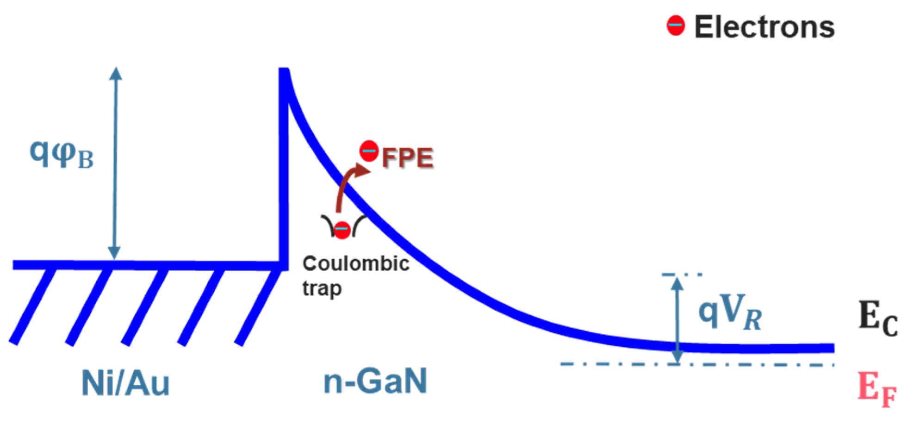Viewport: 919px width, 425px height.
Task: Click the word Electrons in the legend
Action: pyautogui.click(x=764, y=27)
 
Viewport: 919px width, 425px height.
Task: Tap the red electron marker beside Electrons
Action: pyautogui.click(x=676, y=25)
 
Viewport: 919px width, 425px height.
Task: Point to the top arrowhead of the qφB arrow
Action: pyautogui.click(x=116, y=73)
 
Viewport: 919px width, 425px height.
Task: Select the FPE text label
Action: pyautogui.click(x=408, y=158)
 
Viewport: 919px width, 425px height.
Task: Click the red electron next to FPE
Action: pyautogui.click(x=369, y=151)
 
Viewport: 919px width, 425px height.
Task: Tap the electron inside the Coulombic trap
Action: pyautogui.click(x=342, y=230)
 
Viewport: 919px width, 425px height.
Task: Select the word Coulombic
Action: pyautogui.click(x=356, y=263)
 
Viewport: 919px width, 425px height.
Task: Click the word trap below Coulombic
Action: pyautogui.click(x=322, y=288)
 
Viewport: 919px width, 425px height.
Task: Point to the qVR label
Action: pyautogui.click(x=730, y=312)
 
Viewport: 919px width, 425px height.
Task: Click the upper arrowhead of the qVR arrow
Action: pyautogui.click(x=677, y=283)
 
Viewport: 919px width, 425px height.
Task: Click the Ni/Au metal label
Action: pyautogui.click(x=126, y=383)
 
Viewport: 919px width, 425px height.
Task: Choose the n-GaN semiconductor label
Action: pyautogui.click(x=375, y=381)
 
